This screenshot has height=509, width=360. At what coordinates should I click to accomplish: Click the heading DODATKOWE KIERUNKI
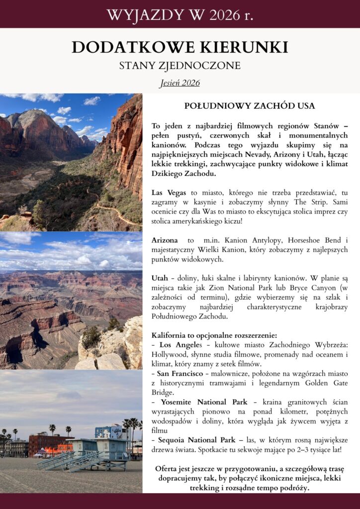pos(180,47)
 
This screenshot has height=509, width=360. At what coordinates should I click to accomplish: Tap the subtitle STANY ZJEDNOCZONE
pos(180,66)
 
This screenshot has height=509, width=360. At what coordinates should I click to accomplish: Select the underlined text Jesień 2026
pos(180,83)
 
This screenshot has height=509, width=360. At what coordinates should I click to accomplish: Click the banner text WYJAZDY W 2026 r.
pos(180,14)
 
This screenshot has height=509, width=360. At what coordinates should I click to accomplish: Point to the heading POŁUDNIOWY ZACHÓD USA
pos(250,106)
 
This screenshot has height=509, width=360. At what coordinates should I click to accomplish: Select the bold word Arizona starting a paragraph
pos(165,240)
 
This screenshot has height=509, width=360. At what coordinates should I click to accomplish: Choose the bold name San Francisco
pos(181,373)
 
